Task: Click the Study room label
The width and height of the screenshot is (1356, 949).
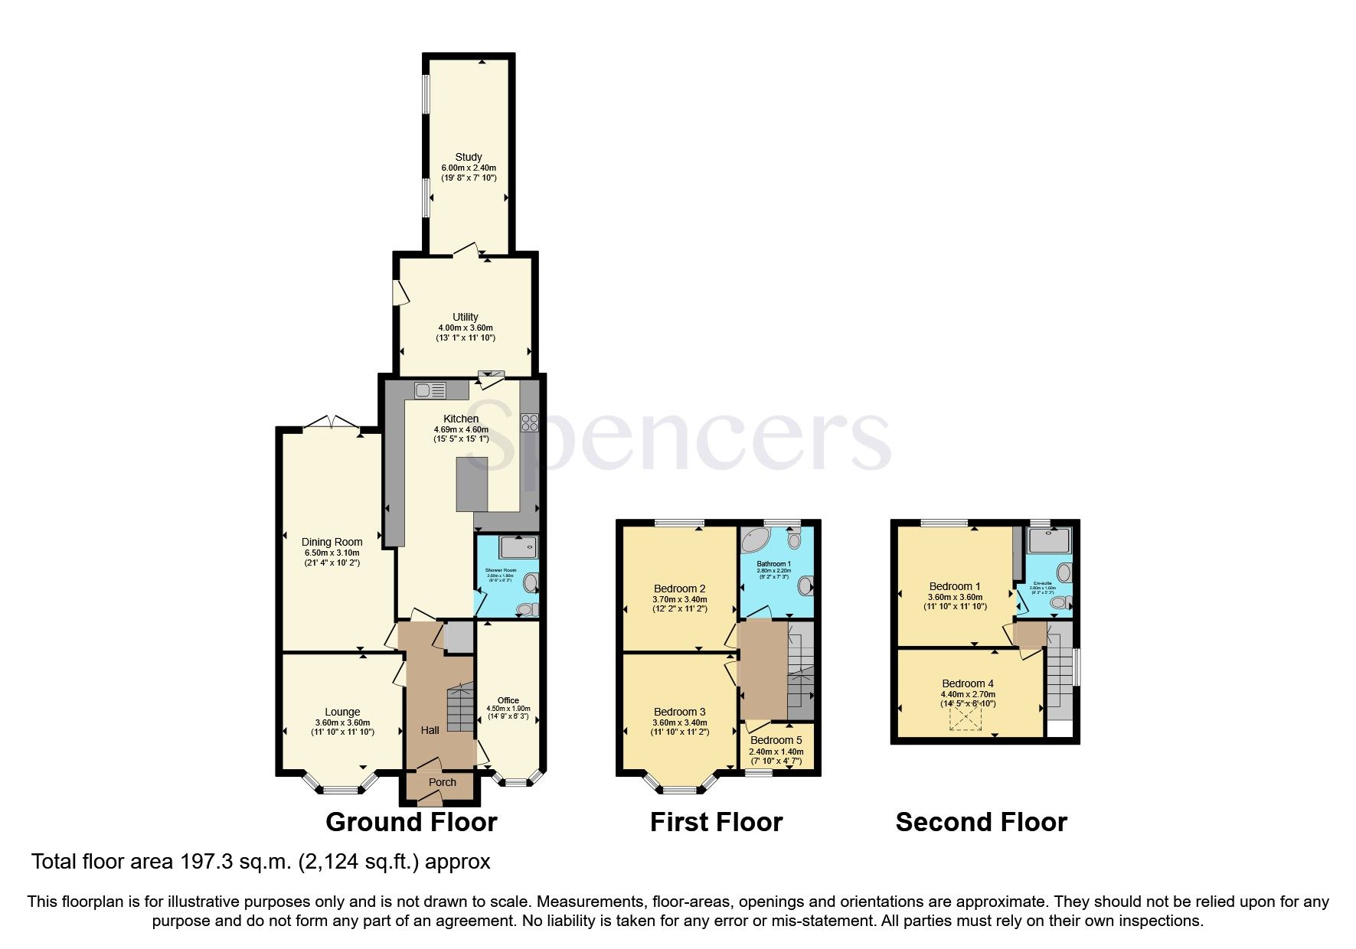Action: pyautogui.click(x=469, y=157)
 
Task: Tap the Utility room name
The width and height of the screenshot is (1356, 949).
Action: pyautogui.click(x=466, y=317)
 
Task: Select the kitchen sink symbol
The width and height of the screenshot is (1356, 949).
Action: pyautogui.click(x=430, y=391)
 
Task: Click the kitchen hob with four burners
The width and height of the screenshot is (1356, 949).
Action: pyautogui.click(x=529, y=423)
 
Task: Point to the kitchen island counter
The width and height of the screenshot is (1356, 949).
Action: pyautogui.click(x=472, y=484)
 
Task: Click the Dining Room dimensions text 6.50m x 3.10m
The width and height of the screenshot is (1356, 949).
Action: pyautogui.click(x=332, y=553)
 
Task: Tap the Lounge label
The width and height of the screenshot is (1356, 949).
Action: pyautogui.click(x=342, y=712)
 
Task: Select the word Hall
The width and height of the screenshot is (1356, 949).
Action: pyautogui.click(x=430, y=730)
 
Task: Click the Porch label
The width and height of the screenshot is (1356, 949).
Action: pyautogui.click(x=443, y=782)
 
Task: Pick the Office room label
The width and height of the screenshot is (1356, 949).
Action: pyautogui.click(x=508, y=700)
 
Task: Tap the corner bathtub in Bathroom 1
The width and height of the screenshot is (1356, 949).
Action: pyautogui.click(x=758, y=540)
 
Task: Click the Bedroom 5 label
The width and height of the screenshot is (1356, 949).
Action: pyautogui.click(x=776, y=740)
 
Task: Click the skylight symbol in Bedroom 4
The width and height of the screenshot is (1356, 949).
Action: pyautogui.click(x=966, y=718)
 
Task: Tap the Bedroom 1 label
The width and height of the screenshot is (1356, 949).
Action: pyautogui.click(x=955, y=586)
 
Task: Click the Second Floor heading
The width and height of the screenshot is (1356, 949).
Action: pyautogui.click(x=981, y=823)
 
